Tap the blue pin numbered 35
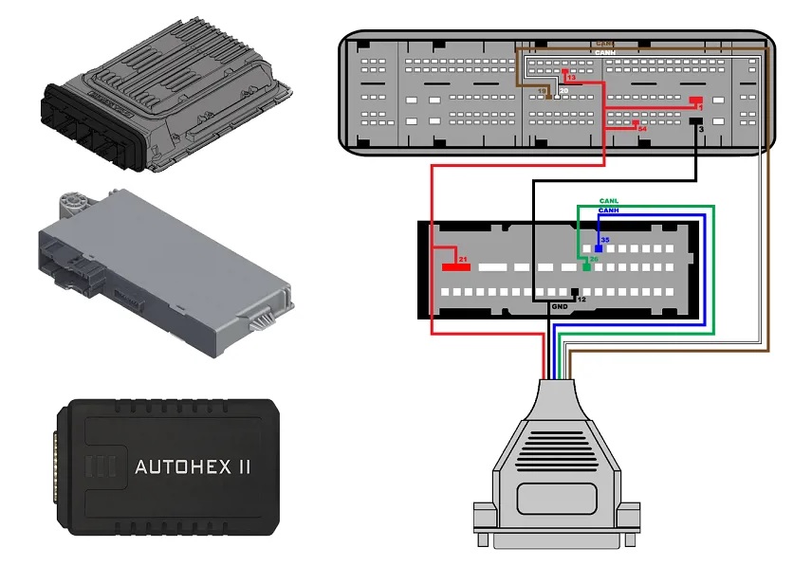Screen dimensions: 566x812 pyautogui.click(x=599, y=248)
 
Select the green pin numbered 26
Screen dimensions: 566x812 pyautogui.click(x=586, y=267)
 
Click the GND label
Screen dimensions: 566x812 pyautogui.click(x=560, y=306)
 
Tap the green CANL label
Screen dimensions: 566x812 pyautogui.click(x=609, y=201)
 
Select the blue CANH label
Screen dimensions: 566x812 pyautogui.click(x=609, y=210)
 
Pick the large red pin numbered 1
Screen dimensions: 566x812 pyautogui.click(x=695, y=100)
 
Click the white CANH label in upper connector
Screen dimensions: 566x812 pyautogui.click(x=604, y=51)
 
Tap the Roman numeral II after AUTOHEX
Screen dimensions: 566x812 pyautogui.click(x=245, y=467)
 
